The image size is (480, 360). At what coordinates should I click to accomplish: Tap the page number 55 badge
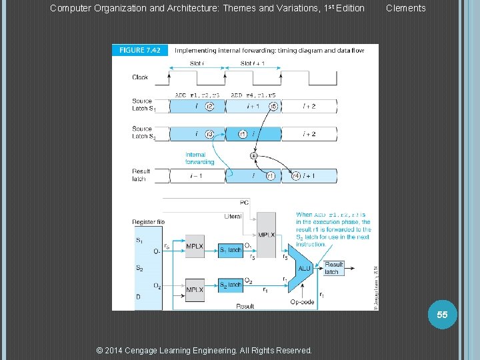(442, 314)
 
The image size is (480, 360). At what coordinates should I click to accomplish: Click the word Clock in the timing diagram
(140, 77)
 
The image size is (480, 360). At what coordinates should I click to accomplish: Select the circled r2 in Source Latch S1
(209, 106)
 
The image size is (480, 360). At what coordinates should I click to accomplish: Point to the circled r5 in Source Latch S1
(273, 106)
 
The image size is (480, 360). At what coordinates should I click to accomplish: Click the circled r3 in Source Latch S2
(209, 134)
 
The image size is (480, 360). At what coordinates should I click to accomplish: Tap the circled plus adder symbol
(253, 156)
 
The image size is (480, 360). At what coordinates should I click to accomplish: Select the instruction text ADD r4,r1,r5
(254, 95)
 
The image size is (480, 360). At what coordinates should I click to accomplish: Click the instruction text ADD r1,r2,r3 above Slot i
(197, 95)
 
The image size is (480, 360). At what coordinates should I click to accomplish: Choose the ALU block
(304, 269)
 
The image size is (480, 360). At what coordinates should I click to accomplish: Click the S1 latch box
(231, 250)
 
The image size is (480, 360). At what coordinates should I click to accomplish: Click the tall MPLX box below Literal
(266, 235)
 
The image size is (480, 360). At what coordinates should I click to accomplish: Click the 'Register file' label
(148, 222)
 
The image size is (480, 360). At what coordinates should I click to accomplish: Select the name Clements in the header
(405, 8)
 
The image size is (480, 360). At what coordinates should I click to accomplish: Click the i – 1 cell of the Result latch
(197, 176)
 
